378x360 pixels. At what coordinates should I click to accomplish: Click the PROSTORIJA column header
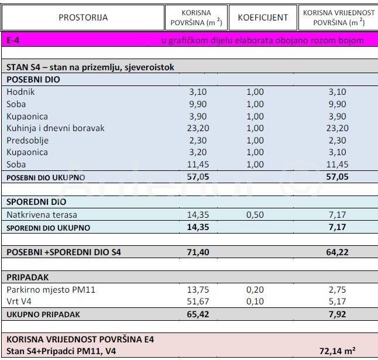(83, 18)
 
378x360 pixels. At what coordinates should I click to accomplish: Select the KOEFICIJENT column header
(263, 18)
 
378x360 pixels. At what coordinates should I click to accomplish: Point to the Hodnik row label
(20, 92)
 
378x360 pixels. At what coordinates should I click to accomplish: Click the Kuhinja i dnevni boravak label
(55, 128)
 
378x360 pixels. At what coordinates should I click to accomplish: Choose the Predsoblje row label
(28, 140)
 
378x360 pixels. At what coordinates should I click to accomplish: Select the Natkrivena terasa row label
(42, 215)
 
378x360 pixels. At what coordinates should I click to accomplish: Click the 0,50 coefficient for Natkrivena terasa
(263, 215)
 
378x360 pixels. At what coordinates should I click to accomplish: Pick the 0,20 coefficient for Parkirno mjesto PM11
(263, 290)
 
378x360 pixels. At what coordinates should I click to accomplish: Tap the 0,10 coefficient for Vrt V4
(263, 302)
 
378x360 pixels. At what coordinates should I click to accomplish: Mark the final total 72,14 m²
(339, 351)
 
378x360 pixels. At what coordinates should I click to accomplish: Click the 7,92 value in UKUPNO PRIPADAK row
(338, 314)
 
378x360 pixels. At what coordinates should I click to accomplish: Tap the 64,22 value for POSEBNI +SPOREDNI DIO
(338, 252)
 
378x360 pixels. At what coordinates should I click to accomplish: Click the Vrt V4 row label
(20, 302)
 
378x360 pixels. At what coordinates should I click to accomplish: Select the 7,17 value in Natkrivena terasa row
(338, 215)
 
